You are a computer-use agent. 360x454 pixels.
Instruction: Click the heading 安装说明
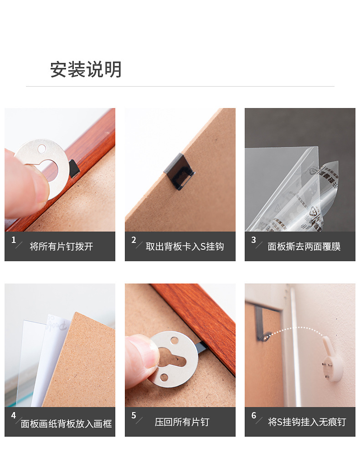point(86,70)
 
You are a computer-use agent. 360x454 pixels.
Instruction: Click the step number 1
point(14,240)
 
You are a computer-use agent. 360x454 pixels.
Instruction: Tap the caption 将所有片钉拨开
point(61,247)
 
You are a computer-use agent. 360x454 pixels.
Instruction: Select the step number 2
point(134,240)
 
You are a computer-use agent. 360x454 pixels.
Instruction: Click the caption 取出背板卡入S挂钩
point(185,247)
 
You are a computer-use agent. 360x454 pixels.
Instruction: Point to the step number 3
point(253,240)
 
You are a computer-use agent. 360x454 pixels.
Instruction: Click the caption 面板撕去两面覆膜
point(304,247)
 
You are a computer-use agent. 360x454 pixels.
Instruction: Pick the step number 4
point(14,415)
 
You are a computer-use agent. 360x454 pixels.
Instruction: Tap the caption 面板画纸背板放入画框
point(66,423)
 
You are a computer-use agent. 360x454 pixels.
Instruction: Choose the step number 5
point(134,415)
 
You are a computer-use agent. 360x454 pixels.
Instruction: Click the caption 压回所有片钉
point(182,422)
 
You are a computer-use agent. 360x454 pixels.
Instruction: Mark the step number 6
point(253,415)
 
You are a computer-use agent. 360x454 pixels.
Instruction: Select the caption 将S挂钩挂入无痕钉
point(307,422)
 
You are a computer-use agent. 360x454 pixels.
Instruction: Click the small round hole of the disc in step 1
point(42,149)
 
